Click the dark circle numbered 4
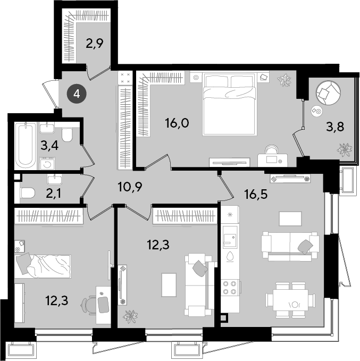point(77,94)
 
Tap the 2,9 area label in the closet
point(95,44)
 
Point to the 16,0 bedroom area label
point(177,123)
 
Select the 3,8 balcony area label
point(335,127)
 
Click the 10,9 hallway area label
point(130,187)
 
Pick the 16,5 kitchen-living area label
point(256,194)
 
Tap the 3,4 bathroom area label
point(49,145)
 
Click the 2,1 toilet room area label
point(54,194)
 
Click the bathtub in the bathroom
point(26,145)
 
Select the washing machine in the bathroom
point(47,163)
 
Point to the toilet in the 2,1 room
point(27,193)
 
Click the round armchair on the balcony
point(328,93)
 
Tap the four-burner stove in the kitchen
point(230,288)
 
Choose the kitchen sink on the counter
point(230,237)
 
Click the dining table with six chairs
point(290,300)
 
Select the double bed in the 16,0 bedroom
point(230,104)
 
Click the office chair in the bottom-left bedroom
point(89,306)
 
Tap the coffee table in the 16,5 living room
point(290,219)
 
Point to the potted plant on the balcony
point(345,149)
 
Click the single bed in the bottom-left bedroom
point(43,266)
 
